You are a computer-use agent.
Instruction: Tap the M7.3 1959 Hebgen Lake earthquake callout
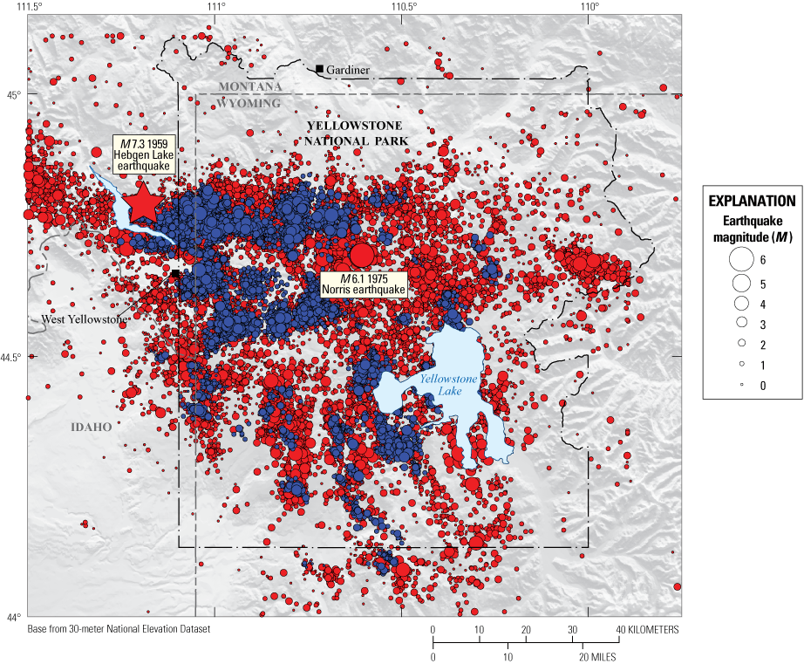tap(145, 154)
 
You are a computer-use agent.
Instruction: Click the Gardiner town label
tap(349, 70)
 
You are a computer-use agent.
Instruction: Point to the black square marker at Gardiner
tap(320, 69)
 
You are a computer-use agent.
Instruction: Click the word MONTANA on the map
tap(249, 86)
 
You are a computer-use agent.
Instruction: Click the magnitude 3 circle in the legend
tap(740, 322)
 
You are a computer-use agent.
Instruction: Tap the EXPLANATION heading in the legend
tap(753, 200)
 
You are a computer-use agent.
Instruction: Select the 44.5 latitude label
tap(12, 356)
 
